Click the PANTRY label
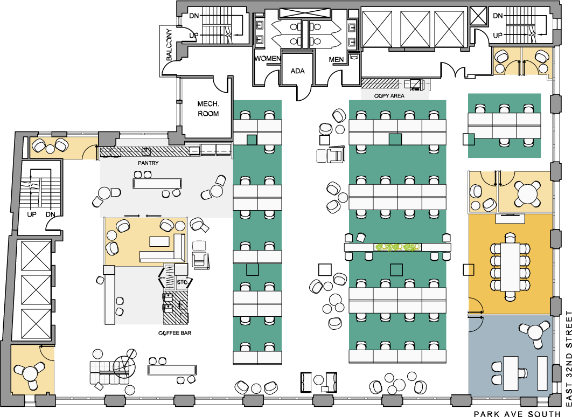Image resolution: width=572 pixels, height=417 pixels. pyautogui.click(x=148, y=163)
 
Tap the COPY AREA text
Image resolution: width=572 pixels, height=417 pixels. pyautogui.click(x=389, y=96)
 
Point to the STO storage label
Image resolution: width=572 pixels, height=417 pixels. pyautogui.click(x=182, y=282)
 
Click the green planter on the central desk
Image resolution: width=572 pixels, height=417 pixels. pyautogui.click(x=397, y=247)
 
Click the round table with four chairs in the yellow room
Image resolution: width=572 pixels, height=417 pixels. pyautogui.click(x=526, y=192)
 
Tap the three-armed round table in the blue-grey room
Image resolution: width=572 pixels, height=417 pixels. pyautogui.click(x=534, y=332)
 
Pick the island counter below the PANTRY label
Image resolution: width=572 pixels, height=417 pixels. pyautogui.click(x=157, y=183)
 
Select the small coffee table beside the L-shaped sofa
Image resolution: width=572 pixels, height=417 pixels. pyautogui.click(x=159, y=240)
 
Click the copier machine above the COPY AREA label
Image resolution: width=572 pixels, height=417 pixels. pyautogui.click(x=416, y=85)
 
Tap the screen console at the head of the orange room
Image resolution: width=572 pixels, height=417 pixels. pyautogui.click(x=510, y=218)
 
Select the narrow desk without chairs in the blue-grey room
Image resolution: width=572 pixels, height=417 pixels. pyautogui.click(x=542, y=373)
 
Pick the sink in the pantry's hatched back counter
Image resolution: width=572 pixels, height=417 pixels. pyautogui.click(x=145, y=151)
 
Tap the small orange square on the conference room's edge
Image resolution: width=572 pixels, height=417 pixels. pyautogui.click(x=471, y=269)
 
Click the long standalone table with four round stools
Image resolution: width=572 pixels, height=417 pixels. pyautogui.click(x=172, y=370)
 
